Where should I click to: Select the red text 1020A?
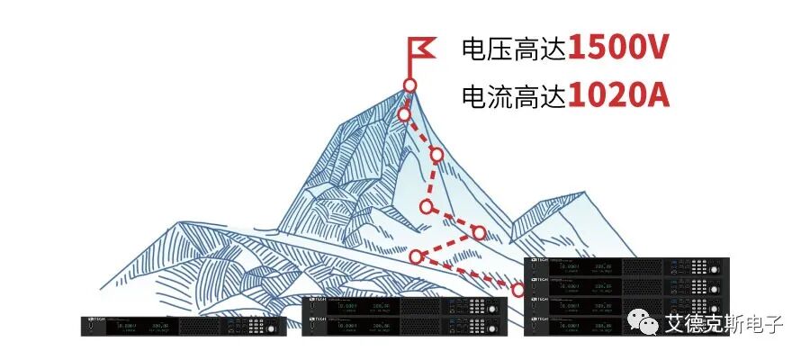pos(618,95)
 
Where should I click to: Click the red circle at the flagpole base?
pos(409,85)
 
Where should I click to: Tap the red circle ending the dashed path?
pos(518,290)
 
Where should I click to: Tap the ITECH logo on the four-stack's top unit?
pos(540,260)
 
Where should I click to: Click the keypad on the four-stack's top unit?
pos(698,266)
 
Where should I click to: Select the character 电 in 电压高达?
pos(473,49)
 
